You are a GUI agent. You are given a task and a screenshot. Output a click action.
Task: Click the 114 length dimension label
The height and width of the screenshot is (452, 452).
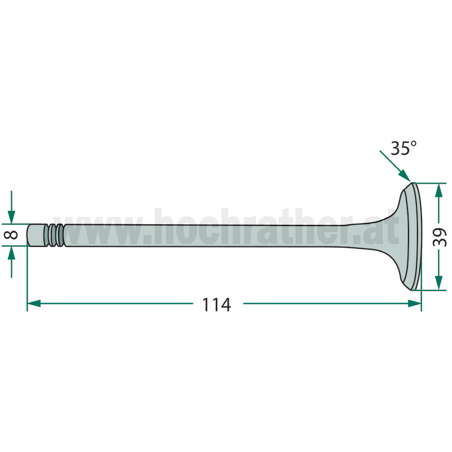[x=216, y=305]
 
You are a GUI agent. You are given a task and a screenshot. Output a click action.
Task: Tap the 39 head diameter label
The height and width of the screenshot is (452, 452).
[x=439, y=237]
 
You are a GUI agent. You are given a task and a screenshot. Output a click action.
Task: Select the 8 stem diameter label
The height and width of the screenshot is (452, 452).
[x=11, y=234]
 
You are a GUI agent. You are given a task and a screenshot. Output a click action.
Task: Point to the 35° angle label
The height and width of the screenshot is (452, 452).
[x=403, y=148]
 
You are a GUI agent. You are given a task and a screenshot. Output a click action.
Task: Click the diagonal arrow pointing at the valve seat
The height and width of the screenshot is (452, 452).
[x=395, y=167]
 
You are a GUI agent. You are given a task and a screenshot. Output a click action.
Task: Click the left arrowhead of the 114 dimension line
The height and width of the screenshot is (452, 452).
[x=34, y=303]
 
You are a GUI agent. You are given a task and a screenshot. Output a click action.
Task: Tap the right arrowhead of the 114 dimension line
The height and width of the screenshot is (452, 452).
[x=415, y=303]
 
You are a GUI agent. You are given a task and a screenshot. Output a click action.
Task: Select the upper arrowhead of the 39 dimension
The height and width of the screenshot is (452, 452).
[x=438, y=190]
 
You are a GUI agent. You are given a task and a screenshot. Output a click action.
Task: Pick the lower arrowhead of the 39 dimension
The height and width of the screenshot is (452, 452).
[x=438, y=283]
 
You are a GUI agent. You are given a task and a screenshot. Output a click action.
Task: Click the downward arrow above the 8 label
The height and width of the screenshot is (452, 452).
[x=11, y=207]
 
